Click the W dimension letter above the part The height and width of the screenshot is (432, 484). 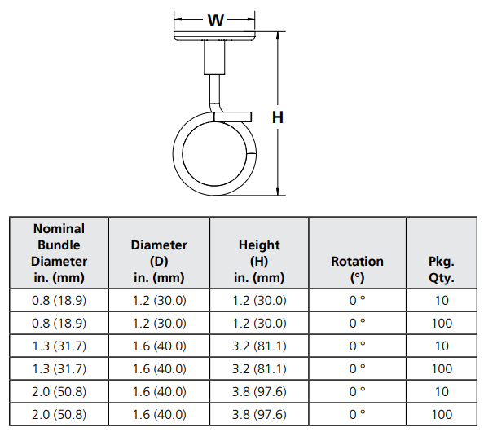point(215,20)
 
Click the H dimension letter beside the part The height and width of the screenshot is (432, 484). point(278,117)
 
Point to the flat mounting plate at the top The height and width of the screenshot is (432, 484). point(215,36)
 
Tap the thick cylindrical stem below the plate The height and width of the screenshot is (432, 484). point(215,58)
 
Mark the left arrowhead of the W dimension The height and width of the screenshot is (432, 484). point(178,20)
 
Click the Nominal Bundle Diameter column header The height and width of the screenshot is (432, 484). point(59,253)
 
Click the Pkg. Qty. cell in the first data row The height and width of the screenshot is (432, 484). point(442,300)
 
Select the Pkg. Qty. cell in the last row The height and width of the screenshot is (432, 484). point(442,414)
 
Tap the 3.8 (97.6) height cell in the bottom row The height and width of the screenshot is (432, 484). point(259,414)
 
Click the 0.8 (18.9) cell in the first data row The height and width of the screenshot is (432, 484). point(59,300)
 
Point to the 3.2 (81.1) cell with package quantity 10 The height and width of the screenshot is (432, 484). point(259,346)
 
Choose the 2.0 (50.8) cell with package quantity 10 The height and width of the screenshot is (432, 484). point(59,391)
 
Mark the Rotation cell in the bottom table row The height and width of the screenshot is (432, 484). point(357,414)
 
